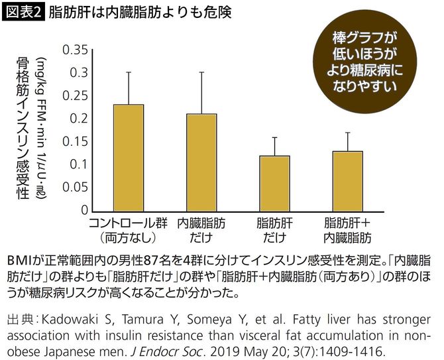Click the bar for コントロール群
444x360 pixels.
click(129, 157)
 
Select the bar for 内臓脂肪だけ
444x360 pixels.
click(201, 162)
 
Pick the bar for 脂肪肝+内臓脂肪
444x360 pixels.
click(347, 180)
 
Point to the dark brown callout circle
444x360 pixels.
click(368, 60)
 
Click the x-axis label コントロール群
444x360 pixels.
click(129, 222)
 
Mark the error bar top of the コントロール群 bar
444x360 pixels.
click(129, 72)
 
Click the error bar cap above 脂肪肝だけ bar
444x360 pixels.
click(274, 137)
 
